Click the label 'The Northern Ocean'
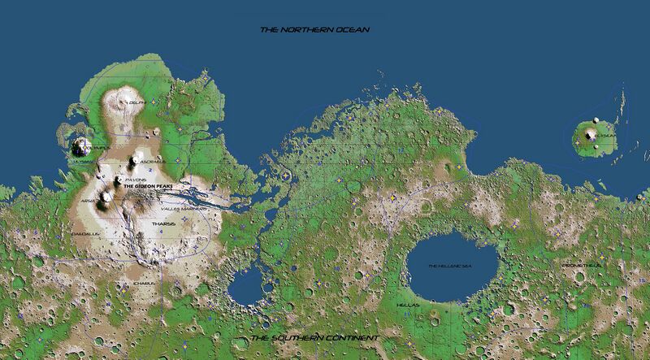314,30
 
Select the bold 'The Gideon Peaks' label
149,186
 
